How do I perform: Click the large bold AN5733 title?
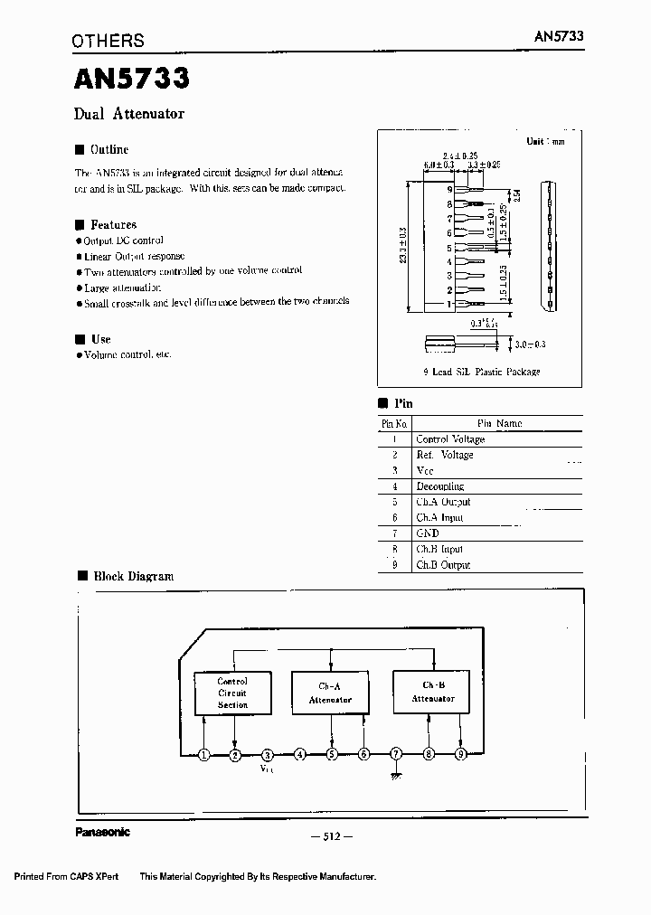[131, 79]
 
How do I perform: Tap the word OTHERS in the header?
[108, 41]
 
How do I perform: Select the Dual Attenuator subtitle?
[128, 114]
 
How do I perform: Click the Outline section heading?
[108, 149]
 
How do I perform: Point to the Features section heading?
[113, 224]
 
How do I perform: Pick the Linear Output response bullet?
[134, 256]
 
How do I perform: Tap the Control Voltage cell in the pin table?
[450, 439]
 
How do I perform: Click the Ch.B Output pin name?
[443, 565]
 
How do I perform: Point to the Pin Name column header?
[499, 423]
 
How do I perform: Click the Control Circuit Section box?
[232, 693]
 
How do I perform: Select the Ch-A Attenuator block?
[330, 693]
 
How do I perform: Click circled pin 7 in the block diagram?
[396, 754]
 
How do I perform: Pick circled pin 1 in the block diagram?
[204, 754]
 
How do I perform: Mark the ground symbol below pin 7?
[396, 774]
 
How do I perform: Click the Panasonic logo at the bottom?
[102, 833]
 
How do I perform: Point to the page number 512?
[330, 837]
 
